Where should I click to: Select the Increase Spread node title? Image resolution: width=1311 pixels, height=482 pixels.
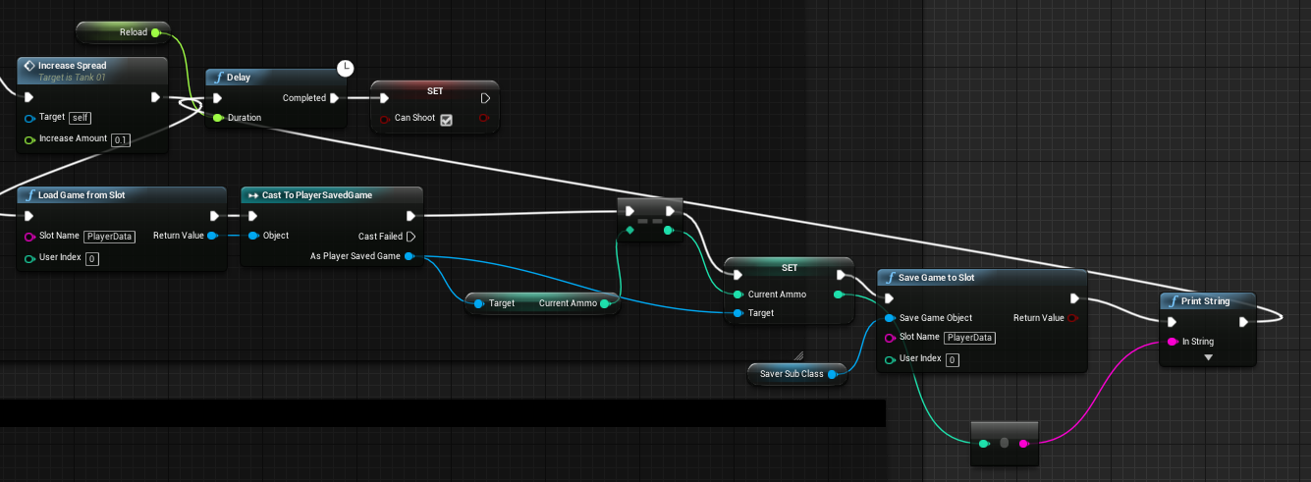click(x=72, y=66)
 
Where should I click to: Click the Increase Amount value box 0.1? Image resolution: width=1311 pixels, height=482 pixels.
click(x=121, y=140)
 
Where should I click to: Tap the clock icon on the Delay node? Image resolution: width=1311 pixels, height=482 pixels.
click(x=345, y=68)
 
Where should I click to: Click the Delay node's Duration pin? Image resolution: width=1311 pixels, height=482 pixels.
click(x=217, y=118)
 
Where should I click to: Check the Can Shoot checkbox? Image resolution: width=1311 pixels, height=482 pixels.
click(x=446, y=120)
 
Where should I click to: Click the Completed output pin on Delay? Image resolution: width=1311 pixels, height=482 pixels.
click(x=335, y=98)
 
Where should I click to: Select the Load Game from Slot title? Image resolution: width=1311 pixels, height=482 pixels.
click(x=82, y=195)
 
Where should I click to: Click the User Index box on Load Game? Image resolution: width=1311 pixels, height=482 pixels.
click(x=91, y=259)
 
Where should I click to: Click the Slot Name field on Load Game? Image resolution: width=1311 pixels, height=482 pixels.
click(x=109, y=237)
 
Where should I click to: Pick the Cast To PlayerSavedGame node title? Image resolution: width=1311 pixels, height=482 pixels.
click(x=316, y=195)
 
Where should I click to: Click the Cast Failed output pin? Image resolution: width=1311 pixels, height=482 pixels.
click(x=410, y=237)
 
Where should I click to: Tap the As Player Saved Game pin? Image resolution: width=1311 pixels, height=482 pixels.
click(x=409, y=257)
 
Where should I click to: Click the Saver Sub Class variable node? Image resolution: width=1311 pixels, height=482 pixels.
click(x=792, y=374)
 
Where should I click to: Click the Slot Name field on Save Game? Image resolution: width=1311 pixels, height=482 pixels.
click(x=969, y=338)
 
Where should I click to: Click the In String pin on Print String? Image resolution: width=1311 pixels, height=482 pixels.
click(x=1172, y=342)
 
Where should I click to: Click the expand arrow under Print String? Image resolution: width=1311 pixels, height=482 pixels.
click(x=1208, y=358)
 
